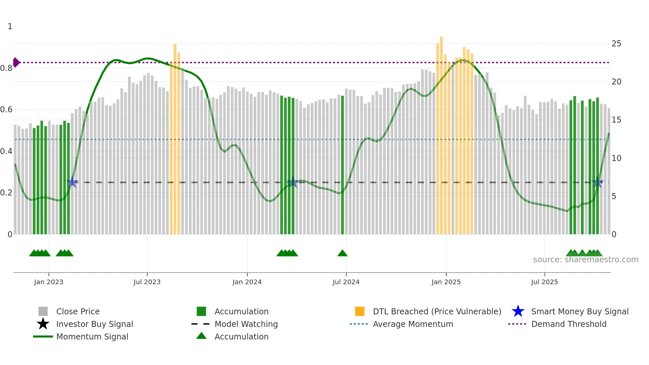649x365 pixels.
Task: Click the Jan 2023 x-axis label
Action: tap(48, 282)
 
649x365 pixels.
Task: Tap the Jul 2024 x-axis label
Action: tap(346, 282)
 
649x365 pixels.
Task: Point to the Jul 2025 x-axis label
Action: tap(544, 282)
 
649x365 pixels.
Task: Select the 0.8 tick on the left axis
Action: tap(6, 68)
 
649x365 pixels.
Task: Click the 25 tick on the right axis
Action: tap(616, 44)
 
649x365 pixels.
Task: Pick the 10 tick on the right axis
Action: tap(616, 158)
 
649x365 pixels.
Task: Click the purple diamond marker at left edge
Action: tap(16, 62)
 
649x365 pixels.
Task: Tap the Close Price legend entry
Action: tap(78, 311)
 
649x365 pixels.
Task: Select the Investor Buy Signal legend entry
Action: tap(94, 324)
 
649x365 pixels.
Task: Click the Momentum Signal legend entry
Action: tap(92, 337)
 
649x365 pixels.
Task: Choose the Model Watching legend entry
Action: tap(246, 324)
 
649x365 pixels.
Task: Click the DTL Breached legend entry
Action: tap(437, 311)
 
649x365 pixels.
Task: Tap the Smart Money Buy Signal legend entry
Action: tap(579, 311)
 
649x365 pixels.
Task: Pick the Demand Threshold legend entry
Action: tap(569, 324)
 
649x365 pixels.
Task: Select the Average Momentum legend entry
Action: tap(413, 324)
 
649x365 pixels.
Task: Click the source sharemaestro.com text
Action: tap(585, 260)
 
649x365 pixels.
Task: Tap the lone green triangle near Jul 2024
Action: tap(342, 253)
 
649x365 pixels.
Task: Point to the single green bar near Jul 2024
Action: tap(342, 166)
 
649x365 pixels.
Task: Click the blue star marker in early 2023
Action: tap(73, 182)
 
